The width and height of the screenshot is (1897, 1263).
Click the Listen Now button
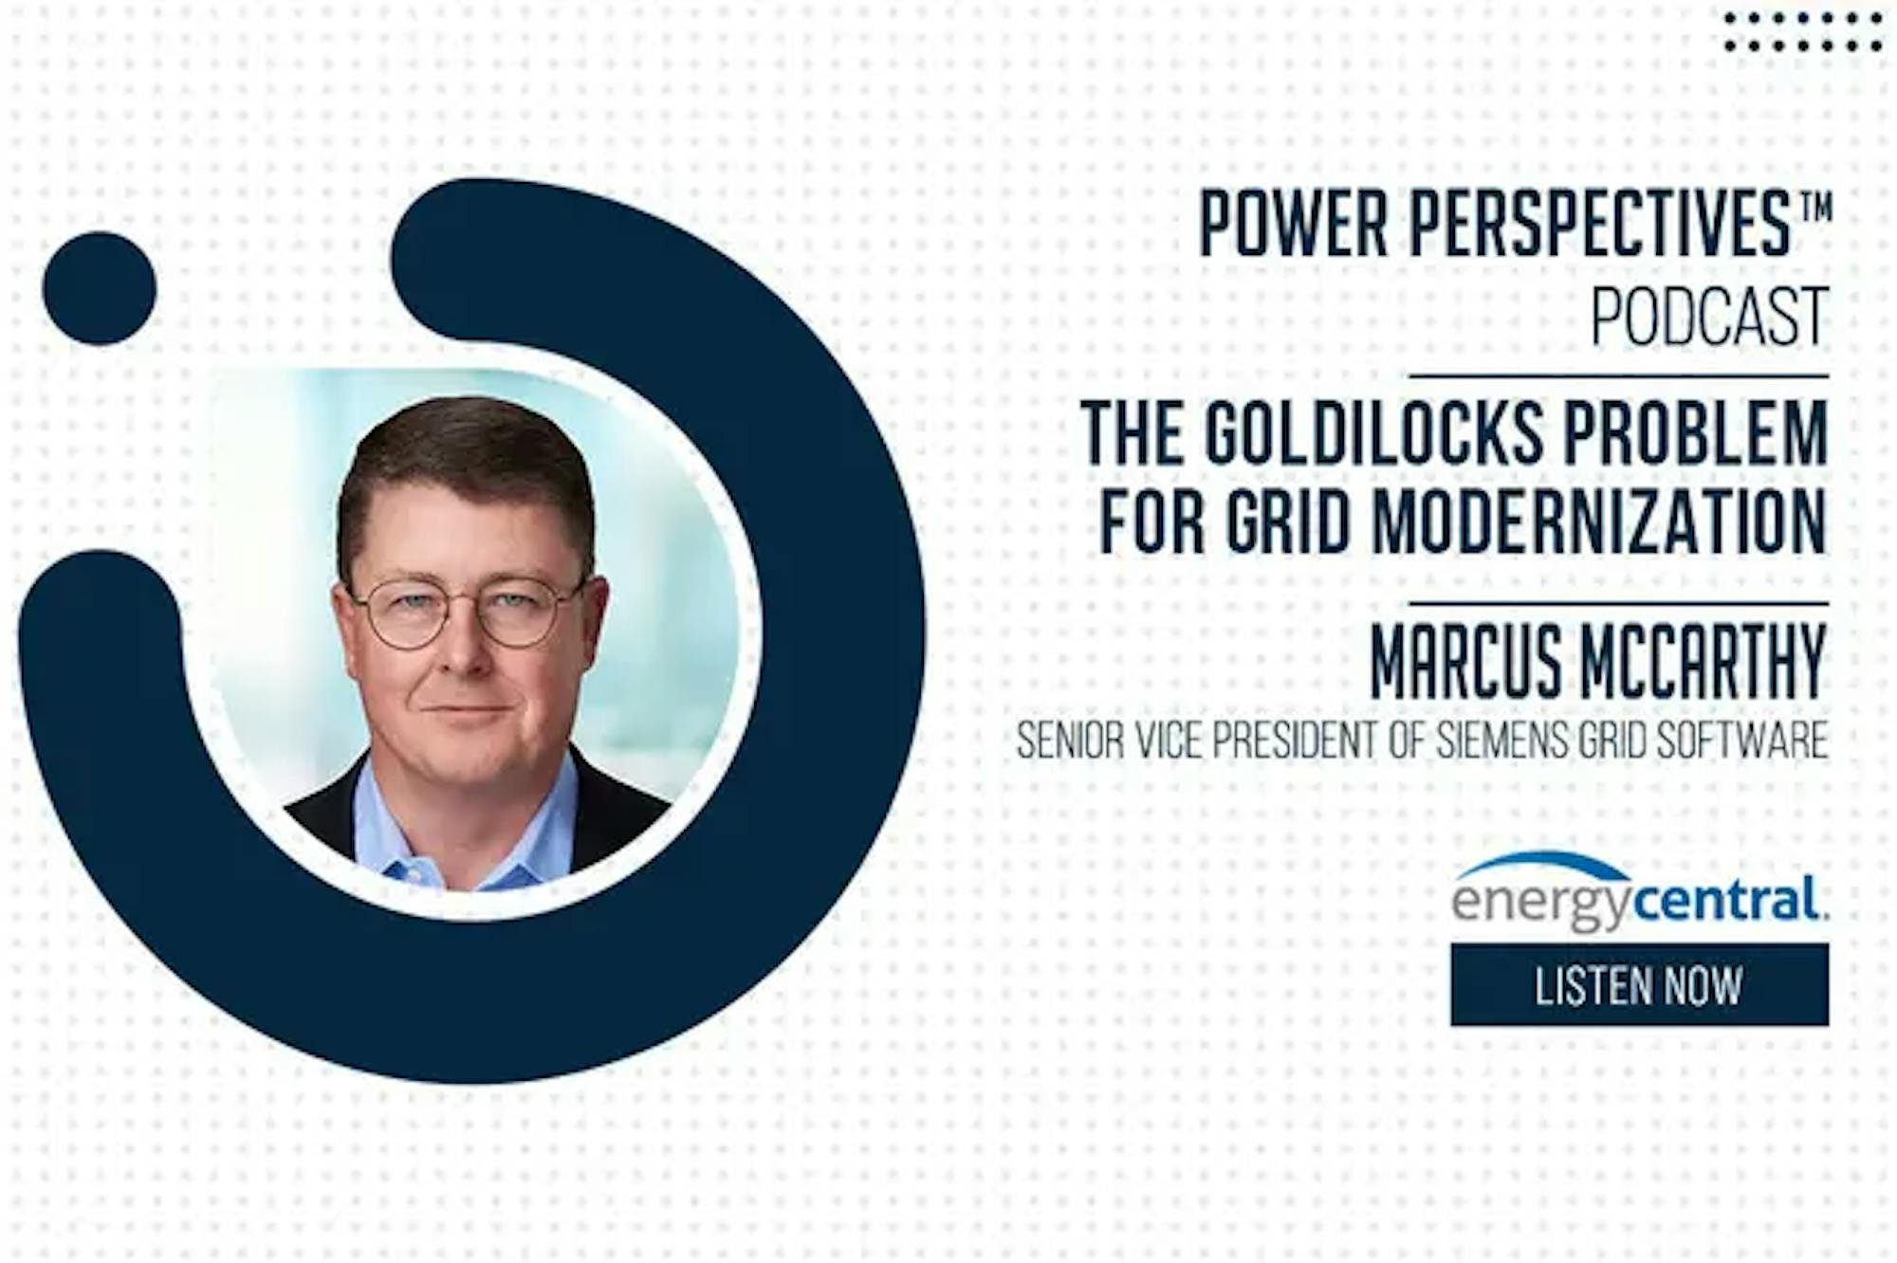(x=1639, y=984)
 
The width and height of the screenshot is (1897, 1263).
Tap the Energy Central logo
(x=1639, y=891)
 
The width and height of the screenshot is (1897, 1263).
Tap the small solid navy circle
(x=100, y=288)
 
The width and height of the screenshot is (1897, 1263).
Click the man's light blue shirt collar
(x=465, y=834)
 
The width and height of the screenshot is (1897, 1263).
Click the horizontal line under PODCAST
(x=1618, y=376)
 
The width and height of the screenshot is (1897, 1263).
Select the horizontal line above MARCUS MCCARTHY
(x=1618, y=603)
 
